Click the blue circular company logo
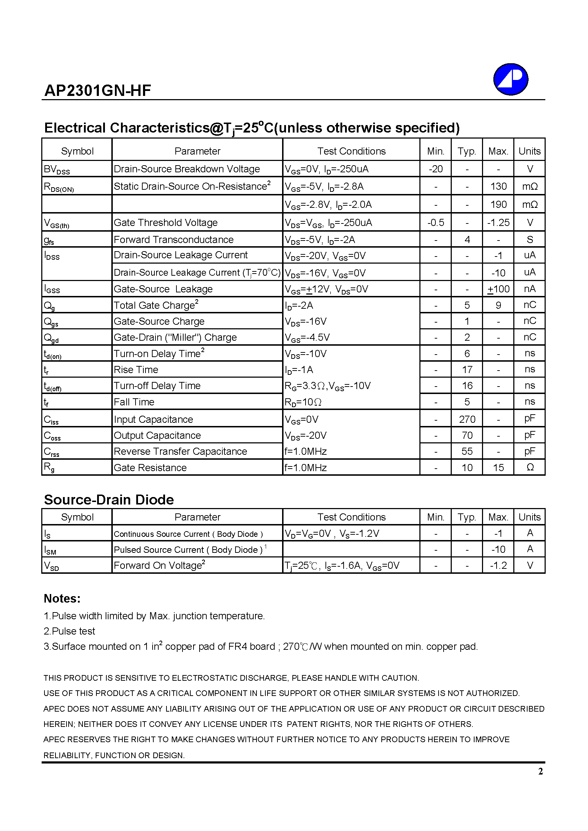click(x=510, y=79)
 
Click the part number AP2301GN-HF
click(x=97, y=91)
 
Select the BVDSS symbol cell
click(x=57, y=169)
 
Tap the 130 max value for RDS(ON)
click(x=498, y=187)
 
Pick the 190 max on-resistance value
click(x=498, y=205)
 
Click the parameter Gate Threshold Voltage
click(x=165, y=223)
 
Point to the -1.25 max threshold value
click(x=498, y=223)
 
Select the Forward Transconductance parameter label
click(x=174, y=239)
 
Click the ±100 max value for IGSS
click(x=498, y=289)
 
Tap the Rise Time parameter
click(x=136, y=369)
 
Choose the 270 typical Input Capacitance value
click(x=467, y=419)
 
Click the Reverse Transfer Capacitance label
click(x=180, y=451)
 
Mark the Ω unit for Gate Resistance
click(x=530, y=468)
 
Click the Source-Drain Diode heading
click(x=109, y=500)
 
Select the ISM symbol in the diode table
click(x=50, y=550)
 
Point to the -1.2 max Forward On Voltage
click(x=498, y=566)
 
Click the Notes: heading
click(x=62, y=599)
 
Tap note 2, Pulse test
click(x=69, y=631)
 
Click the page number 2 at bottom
click(x=541, y=771)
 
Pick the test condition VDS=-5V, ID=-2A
click(x=319, y=240)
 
